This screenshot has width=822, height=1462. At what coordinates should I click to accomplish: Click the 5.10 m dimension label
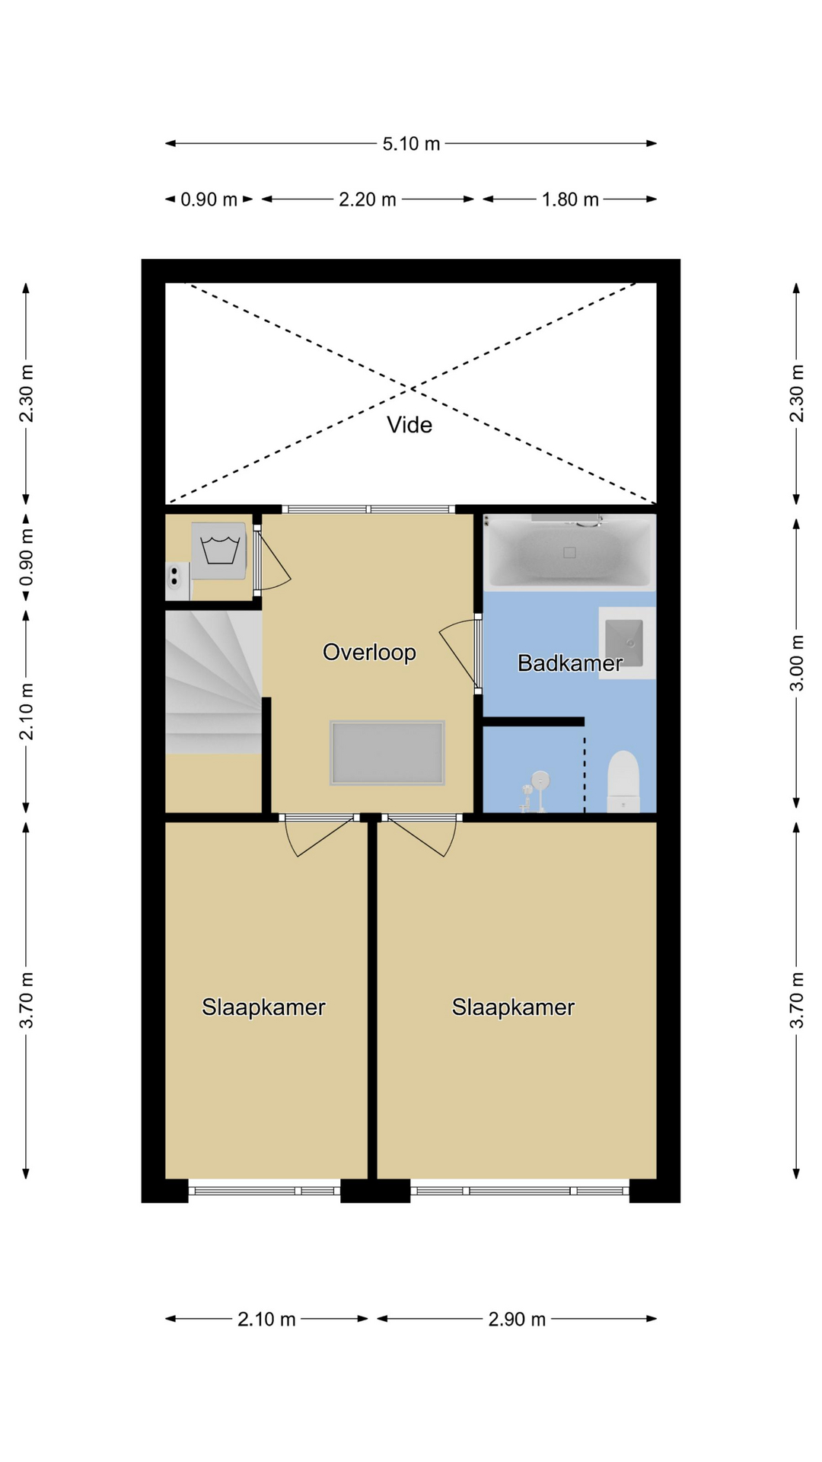pyautogui.click(x=411, y=143)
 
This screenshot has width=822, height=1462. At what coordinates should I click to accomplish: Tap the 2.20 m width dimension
pyautogui.click(x=368, y=200)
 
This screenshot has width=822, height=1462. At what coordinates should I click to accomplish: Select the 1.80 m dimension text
pyautogui.click(x=570, y=200)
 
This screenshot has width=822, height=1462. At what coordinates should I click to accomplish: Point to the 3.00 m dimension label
pyautogui.click(x=796, y=663)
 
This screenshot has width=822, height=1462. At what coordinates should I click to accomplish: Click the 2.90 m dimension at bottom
pyautogui.click(x=517, y=1319)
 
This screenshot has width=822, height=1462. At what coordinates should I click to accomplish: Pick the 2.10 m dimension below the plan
pyautogui.click(x=266, y=1319)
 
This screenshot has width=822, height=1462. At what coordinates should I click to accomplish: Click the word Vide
pyautogui.click(x=409, y=425)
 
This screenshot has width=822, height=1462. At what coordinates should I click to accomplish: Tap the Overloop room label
pyautogui.click(x=369, y=653)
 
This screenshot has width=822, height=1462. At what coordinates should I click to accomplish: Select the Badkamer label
pyautogui.click(x=570, y=663)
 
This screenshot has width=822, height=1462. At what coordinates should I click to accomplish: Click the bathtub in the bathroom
pyautogui.click(x=569, y=552)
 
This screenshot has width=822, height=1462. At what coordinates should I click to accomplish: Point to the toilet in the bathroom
pyautogui.click(x=623, y=781)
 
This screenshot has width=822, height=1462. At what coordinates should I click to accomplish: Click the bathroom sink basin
pyautogui.click(x=624, y=643)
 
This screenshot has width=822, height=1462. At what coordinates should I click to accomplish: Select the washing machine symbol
pyautogui.click(x=219, y=551)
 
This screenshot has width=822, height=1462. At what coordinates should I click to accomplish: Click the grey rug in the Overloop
pyautogui.click(x=387, y=753)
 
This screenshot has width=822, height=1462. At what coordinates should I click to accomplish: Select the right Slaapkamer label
pyautogui.click(x=513, y=1007)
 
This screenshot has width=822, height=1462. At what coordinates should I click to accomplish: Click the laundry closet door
pyautogui.click(x=270, y=560)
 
